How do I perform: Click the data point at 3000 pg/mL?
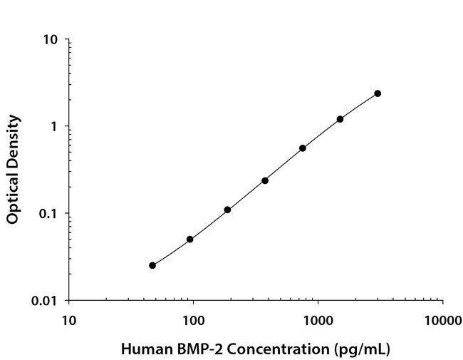tap(378, 93)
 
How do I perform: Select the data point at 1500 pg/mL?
tap(340, 119)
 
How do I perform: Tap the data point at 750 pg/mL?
tap(303, 148)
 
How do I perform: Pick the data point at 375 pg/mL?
tap(265, 180)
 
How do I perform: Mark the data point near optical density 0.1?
tap(227, 210)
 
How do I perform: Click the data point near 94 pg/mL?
tap(190, 240)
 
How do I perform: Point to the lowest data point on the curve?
tap(152, 265)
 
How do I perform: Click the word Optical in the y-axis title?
tap(13, 199)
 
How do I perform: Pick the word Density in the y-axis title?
tap(13, 140)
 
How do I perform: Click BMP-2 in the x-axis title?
tap(199, 349)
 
